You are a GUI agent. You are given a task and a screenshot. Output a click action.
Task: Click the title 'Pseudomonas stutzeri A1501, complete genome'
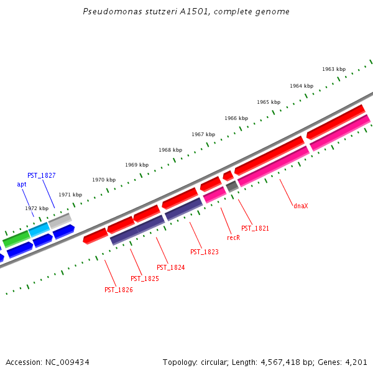pos(186,12)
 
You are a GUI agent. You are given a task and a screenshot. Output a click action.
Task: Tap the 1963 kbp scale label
pos(334,69)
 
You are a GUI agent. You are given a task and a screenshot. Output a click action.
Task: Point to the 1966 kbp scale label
pos(236,118)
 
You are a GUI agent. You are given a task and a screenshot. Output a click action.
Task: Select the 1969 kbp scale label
pos(137,165)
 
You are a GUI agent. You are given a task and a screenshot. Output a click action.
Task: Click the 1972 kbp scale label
pos(37,208)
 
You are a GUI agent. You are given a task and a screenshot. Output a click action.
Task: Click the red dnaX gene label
pos(301,206)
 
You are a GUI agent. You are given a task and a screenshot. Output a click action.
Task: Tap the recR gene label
pos(233,237)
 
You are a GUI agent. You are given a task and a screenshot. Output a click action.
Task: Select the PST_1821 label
pos(255,228)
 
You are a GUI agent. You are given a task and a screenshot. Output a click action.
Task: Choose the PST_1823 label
pos(205,252)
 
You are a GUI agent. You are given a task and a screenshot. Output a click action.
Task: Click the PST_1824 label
pos(170,267)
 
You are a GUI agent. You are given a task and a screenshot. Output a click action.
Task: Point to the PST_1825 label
pos(144,279)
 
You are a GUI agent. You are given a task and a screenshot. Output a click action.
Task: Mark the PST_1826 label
pos(118,290)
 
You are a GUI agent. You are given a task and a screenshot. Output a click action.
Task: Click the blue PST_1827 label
pos(41,175)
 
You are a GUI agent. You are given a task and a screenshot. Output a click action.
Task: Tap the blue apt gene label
pos(22,184)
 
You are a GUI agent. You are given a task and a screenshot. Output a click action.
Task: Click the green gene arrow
pos(16,239)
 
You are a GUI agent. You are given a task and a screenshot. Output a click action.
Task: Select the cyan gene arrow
pos(39,230)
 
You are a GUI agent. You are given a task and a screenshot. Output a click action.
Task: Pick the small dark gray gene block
pos(232,186)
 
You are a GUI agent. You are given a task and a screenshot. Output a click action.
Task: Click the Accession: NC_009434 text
pos(47,362)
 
